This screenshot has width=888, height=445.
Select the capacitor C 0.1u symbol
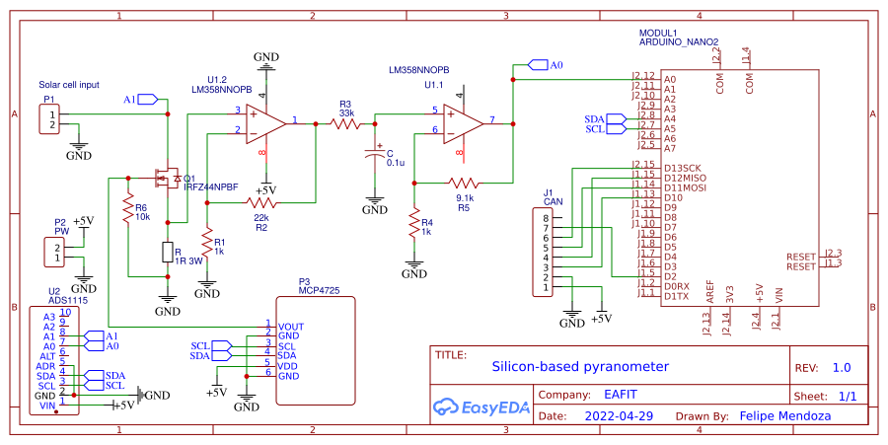(374, 155)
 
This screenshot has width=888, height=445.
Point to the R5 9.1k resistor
(464, 183)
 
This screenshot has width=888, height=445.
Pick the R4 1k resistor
(415, 226)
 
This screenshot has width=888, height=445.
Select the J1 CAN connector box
(547, 252)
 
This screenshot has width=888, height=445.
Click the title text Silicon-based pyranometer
(579, 367)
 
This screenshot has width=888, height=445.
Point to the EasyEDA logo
(475, 405)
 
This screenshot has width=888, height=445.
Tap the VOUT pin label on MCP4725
(291, 325)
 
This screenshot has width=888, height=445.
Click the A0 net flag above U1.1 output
(546, 65)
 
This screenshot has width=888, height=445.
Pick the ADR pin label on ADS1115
(46, 366)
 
